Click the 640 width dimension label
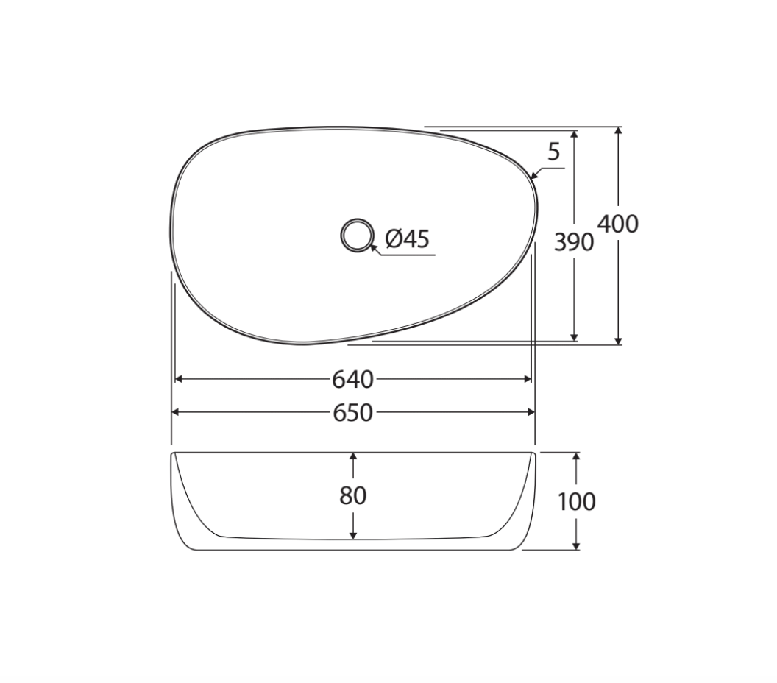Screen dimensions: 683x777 [352, 380]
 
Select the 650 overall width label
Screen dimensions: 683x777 [352, 414]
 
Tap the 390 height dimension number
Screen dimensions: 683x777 [573, 241]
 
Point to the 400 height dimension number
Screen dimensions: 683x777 [618, 224]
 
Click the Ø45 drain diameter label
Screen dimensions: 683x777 [407, 238]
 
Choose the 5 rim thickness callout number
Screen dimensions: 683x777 [554, 152]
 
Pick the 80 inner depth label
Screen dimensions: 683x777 [353, 496]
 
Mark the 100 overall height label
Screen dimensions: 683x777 [576, 502]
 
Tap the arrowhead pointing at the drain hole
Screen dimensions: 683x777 [375, 248]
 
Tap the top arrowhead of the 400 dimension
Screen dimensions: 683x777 [618, 132]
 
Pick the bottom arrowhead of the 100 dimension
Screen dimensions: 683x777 [576, 545]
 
